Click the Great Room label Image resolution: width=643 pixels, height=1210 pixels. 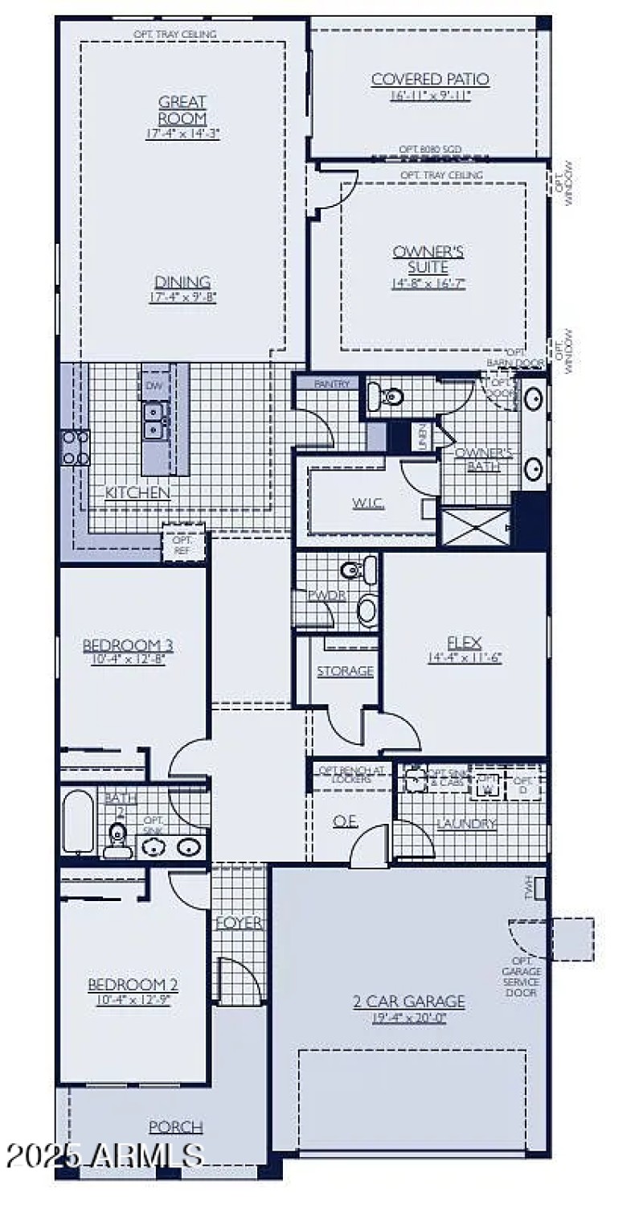tap(182, 110)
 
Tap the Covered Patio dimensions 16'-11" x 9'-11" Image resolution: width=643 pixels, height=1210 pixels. tap(430, 95)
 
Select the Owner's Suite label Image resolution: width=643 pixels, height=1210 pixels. tap(428, 259)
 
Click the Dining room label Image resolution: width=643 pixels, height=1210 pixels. tap(182, 282)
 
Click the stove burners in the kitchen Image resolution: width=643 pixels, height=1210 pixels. tap(75, 448)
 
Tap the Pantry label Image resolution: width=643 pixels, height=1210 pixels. tap(332, 385)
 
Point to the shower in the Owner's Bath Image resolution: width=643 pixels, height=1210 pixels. tap(476, 526)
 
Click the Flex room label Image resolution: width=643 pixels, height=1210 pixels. tap(464, 642)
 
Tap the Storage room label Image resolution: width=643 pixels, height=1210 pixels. tap(345, 671)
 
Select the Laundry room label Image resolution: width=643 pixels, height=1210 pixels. tap(466, 824)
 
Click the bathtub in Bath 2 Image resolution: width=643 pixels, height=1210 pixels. tap(79, 821)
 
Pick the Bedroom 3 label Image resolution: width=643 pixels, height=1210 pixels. tap(128, 645)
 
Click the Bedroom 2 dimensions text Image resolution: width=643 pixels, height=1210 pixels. tap(133, 1001)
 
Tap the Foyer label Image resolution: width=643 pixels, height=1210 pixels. tap(239, 924)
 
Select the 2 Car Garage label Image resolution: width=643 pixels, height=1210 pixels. tap(408, 1002)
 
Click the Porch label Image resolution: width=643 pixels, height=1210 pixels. tap(176, 1127)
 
